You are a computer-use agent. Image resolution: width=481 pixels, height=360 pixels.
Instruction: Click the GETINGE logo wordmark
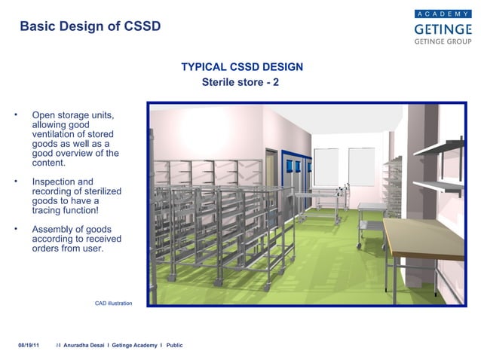click(x=442, y=28)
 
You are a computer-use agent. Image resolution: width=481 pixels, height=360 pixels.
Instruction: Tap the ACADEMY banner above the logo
click(x=442, y=13)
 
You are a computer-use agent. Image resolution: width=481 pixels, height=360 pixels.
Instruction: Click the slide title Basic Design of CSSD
click(x=90, y=26)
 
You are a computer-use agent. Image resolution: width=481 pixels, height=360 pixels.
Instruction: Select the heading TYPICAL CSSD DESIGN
click(x=242, y=67)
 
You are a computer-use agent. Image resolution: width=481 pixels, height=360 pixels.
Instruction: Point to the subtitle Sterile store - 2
click(x=240, y=81)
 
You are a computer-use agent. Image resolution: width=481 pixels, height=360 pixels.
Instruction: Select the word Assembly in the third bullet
click(x=54, y=228)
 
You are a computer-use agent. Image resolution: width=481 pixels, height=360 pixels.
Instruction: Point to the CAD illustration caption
click(x=113, y=303)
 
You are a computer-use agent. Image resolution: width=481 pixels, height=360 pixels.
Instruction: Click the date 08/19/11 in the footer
click(x=29, y=345)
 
